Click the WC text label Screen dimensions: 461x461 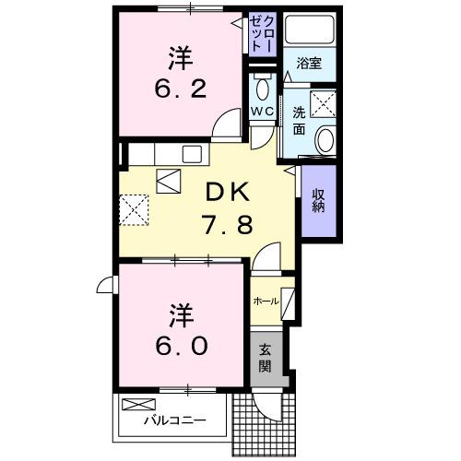click(262, 112)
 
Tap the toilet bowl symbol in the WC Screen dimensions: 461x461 click(262, 89)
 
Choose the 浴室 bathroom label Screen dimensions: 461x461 click(309, 65)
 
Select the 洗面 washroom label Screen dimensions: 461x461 click(300, 120)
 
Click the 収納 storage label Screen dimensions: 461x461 click(317, 199)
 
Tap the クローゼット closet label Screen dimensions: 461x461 click(263, 35)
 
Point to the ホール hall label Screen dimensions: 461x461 click(266, 301)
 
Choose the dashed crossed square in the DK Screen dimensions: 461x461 click(135, 207)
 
